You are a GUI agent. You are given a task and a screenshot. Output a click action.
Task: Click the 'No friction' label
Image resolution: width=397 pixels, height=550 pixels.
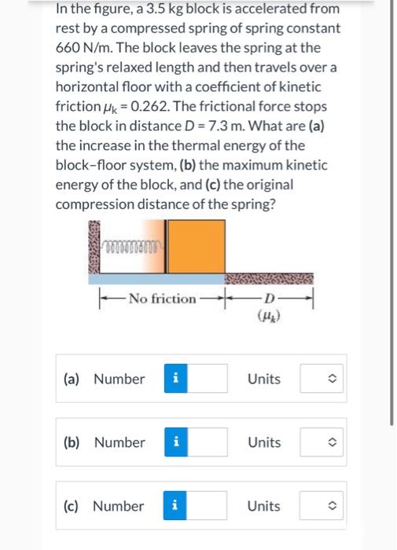162,298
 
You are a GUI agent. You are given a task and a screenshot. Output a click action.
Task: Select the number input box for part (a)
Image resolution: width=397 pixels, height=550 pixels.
206,379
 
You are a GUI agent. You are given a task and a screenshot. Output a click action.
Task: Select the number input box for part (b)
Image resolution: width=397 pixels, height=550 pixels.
206,442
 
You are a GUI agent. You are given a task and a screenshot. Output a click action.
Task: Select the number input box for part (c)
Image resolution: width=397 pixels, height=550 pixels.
206,506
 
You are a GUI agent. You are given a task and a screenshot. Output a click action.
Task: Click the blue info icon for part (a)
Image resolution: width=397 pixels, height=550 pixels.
175,379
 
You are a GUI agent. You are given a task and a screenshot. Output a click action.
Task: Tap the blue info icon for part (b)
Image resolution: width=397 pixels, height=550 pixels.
175,442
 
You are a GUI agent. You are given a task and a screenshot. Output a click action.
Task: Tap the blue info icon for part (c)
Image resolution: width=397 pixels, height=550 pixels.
175,506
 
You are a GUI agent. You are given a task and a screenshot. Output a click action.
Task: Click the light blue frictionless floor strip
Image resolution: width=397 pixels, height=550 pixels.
157,278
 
